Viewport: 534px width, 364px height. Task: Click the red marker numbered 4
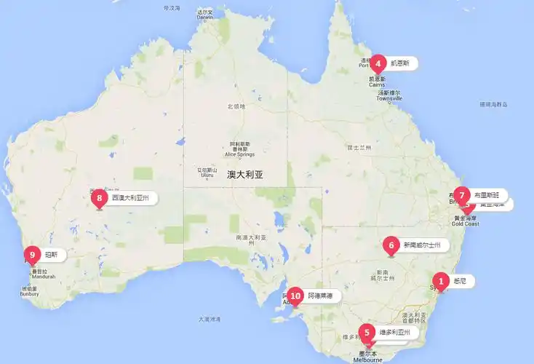pos(378,63)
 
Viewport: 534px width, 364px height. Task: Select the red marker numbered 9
pos(32,254)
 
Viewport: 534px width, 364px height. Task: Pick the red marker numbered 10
pos(295,296)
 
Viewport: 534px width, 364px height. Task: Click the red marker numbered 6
pos(391,245)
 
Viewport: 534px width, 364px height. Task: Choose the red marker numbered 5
pos(367,332)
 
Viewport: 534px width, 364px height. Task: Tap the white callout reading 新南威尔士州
pos(422,245)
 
